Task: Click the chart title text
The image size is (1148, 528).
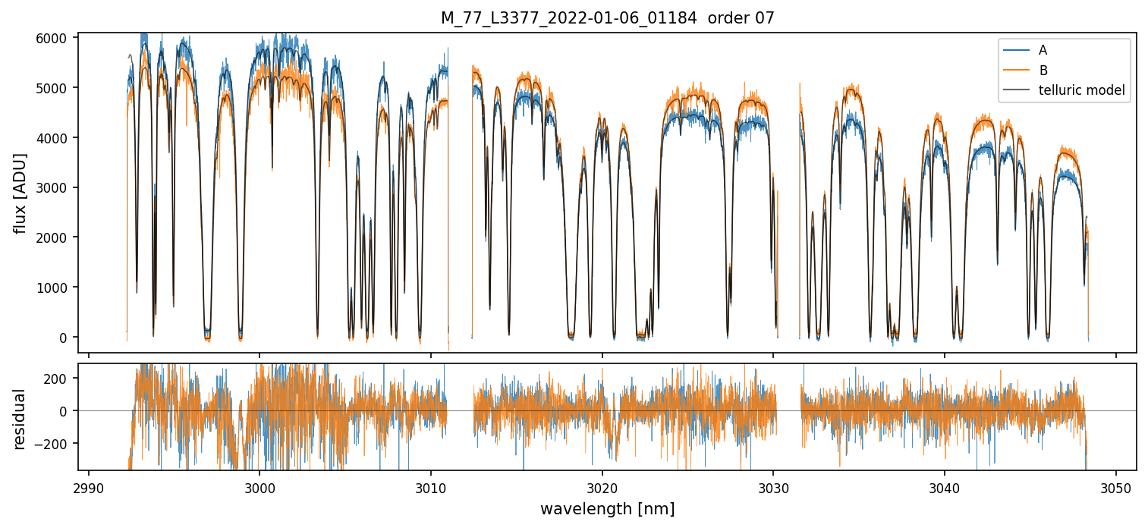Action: coord(607,18)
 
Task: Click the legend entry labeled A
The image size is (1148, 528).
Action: coord(1043,50)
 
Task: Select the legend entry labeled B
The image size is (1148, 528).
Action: coord(1043,71)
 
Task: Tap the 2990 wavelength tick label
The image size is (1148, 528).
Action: coord(89,486)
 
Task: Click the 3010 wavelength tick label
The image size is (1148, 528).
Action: coord(431,486)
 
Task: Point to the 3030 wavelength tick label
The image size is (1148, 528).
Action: coord(773,486)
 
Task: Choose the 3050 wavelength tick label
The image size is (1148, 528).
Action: coord(1115,486)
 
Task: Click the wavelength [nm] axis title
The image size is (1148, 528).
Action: coord(607,509)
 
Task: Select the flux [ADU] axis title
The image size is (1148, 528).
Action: coord(20,193)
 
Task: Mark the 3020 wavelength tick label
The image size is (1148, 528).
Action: coord(602,486)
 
